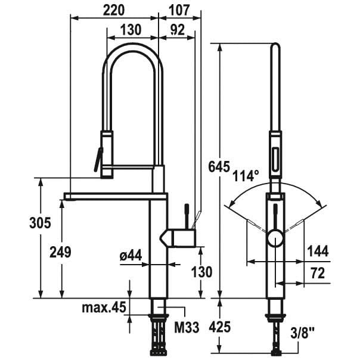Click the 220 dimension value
point(114,11)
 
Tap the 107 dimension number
point(179,10)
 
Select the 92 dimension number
point(178,30)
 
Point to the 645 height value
point(219,166)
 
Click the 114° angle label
point(246,176)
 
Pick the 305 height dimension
point(40,223)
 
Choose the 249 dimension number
point(61,252)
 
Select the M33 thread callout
point(187,327)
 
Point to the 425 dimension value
point(219,327)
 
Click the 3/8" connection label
point(302,333)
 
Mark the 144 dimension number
point(318,251)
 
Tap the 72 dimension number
point(318,273)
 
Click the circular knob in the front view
point(275,239)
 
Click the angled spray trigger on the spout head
point(98,160)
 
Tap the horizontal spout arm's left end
point(65,197)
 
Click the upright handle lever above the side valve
point(187,216)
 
